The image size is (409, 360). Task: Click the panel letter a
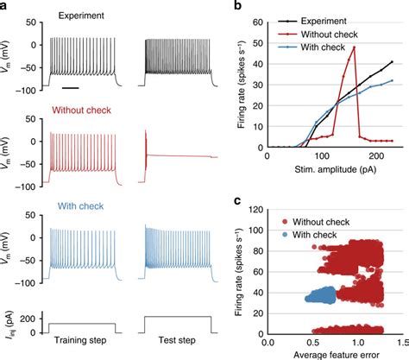point(5,6)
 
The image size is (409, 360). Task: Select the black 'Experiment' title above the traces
point(83,16)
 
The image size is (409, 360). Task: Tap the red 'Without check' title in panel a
point(83,111)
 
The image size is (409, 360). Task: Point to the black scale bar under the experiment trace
point(71,87)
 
